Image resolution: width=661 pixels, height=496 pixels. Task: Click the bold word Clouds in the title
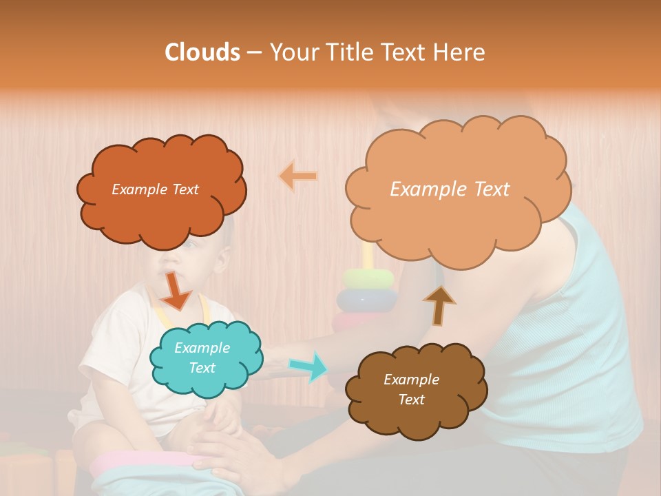202,52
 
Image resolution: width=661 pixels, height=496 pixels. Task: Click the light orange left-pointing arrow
298,176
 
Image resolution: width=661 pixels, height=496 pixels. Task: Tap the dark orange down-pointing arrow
176,291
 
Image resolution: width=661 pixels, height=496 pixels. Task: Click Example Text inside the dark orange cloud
155,189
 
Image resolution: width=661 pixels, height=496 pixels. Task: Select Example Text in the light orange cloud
450,189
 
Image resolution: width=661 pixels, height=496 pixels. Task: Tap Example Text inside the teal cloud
202,358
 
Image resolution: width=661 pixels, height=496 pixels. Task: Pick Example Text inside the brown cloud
411,389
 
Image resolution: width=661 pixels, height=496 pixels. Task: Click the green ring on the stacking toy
368,278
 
